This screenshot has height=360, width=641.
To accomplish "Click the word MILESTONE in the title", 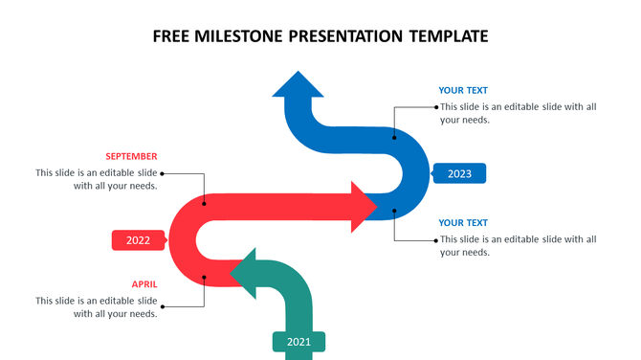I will click(239, 36).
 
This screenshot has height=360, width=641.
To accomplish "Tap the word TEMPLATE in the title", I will click(449, 36).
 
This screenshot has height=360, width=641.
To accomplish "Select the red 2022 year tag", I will click(139, 240).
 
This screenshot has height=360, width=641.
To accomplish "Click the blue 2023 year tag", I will click(459, 173).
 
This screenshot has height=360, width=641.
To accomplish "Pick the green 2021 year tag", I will click(298, 341).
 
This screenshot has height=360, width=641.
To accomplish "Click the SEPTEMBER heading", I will click(131, 156).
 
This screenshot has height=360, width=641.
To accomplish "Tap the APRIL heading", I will click(144, 284).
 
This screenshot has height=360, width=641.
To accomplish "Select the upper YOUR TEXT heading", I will click(463, 91).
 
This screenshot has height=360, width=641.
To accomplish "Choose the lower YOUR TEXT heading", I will click(463, 223).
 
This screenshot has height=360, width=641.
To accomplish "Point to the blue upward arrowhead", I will click(298, 85).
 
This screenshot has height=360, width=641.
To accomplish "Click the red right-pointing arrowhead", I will click(363, 206).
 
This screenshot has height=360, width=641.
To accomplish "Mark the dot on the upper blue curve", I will click(395, 136).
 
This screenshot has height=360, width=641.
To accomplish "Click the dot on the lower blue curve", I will click(394, 210).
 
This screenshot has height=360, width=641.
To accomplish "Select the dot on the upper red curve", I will click(204, 202).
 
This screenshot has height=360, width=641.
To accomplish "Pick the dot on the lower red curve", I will click(204, 278).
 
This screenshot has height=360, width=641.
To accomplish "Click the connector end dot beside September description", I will click(163, 173).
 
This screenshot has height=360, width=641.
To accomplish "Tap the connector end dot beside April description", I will click(163, 306).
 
